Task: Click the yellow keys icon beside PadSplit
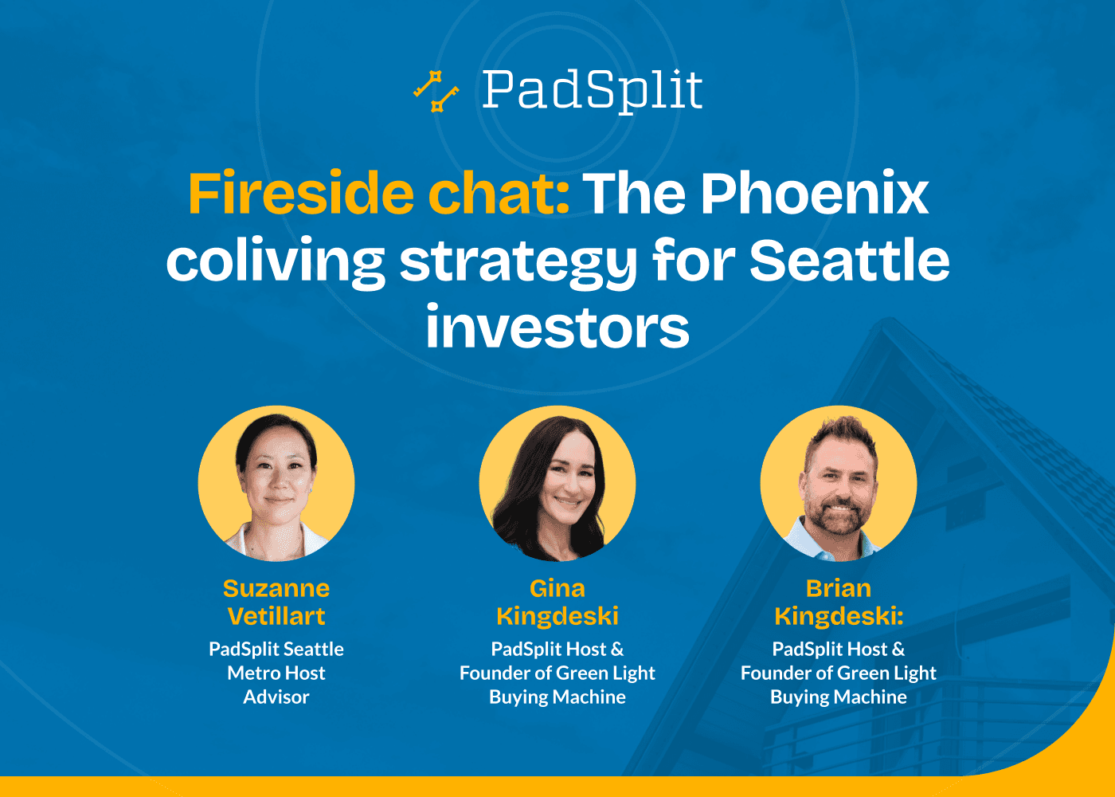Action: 436,91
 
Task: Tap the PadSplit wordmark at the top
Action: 592,90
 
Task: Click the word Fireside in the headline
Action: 300,194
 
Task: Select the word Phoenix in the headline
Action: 815,194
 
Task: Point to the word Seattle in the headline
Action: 849,261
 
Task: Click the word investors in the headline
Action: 557,328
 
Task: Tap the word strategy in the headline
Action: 518,262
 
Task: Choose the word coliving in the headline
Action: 276,262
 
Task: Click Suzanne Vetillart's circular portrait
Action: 276,484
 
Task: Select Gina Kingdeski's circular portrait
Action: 557,484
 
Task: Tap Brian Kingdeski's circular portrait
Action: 839,484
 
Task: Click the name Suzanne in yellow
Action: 276,588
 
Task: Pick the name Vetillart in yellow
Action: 276,616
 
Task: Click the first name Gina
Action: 557,588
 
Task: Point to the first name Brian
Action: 839,588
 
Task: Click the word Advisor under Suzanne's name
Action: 276,697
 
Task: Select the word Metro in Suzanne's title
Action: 255,673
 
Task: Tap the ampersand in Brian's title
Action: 898,650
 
